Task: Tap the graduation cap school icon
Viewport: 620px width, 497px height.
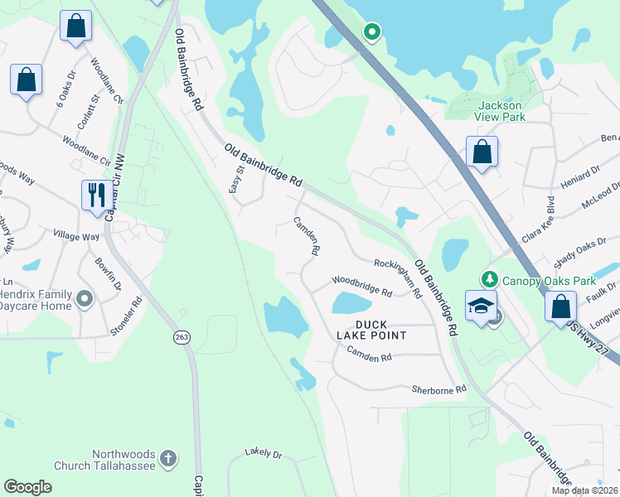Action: click(x=481, y=306)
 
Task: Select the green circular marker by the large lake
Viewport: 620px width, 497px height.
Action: click(x=372, y=32)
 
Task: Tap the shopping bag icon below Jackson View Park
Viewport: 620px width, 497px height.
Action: click(x=482, y=152)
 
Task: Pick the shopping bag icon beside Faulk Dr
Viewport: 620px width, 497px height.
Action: click(x=561, y=306)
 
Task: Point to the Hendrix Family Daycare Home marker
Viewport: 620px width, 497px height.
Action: click(x=84, y=297)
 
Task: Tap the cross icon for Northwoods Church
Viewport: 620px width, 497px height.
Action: click(x=168, y=458)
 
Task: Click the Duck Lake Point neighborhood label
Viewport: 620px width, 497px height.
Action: click(x=371, y=329)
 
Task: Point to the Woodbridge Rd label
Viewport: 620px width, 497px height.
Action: click(x=361, y=286)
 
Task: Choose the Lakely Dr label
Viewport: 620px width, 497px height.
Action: click(x=264, y=454)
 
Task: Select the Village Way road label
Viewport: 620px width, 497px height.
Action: click(x=75, y=236)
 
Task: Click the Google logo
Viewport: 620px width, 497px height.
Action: click(x=27, y=486)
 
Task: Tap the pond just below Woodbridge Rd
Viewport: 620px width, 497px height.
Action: click(x=356, y=303)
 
